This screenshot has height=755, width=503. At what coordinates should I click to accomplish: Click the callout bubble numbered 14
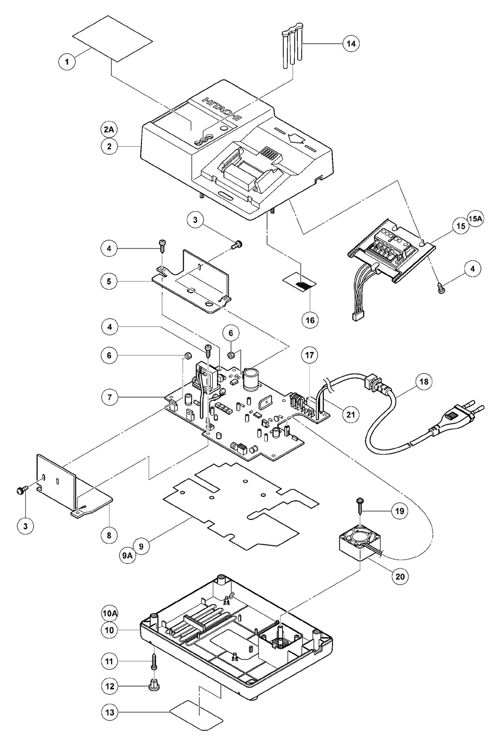click(x=351, y=43)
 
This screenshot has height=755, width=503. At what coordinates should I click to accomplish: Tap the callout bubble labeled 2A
click(x=109, y=130)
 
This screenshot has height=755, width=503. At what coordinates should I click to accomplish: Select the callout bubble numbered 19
click(x=399, y=511)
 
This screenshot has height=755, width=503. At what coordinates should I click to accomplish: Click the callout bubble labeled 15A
click(x=475, y=219)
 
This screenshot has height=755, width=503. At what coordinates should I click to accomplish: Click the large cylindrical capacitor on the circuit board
click(x=251, y=380)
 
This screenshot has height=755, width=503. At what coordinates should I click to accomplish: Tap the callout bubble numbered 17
click(x=310, y=355)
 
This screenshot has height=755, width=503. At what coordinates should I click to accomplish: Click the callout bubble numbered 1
click(x=67, y=62)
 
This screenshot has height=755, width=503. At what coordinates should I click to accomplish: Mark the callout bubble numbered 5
click(x=109, y=281)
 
